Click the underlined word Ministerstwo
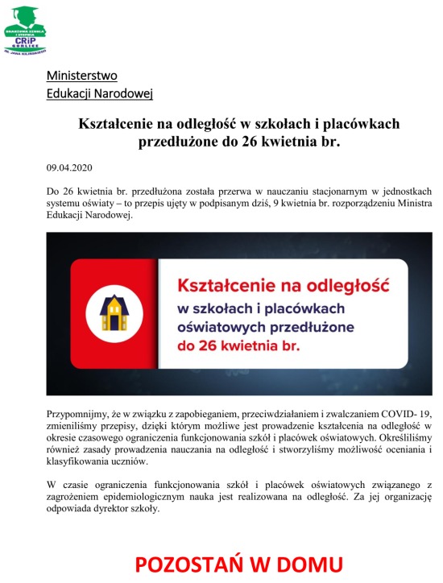[81, 76]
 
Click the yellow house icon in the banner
[113, 311]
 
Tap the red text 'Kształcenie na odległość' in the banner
[283, 285]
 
